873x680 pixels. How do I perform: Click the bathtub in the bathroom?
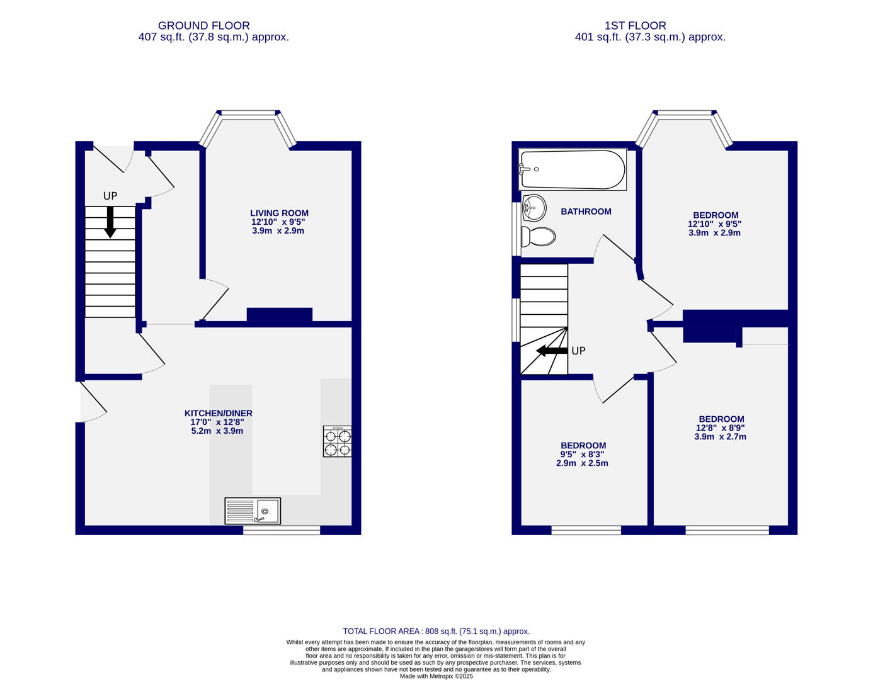[572, 169]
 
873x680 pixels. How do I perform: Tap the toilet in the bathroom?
[538, 237]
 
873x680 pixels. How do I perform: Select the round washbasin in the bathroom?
[534, 208]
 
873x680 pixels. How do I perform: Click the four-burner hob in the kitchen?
[337, 441]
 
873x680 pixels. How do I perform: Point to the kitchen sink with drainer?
[253, 511]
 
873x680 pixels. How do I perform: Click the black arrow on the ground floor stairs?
[110, 222]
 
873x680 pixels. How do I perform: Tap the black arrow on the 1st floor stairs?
[552, 351]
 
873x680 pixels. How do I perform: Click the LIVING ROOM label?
[279, 213]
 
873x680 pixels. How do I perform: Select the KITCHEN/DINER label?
[218, 413]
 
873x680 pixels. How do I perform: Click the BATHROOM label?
[586, 212]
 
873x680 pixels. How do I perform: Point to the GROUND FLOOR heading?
[203, 26]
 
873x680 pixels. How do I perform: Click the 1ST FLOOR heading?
[635, 26]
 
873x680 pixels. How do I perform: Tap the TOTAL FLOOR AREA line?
[437, 631]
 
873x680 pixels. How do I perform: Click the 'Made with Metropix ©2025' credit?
[437, 676]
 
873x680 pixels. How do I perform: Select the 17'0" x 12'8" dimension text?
[217, 422]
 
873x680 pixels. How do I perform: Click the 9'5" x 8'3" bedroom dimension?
[582, 454]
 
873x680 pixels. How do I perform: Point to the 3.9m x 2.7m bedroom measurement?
[720, 437]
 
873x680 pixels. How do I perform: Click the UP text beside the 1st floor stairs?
[578, 351]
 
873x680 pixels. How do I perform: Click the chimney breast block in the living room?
[279, 314]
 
